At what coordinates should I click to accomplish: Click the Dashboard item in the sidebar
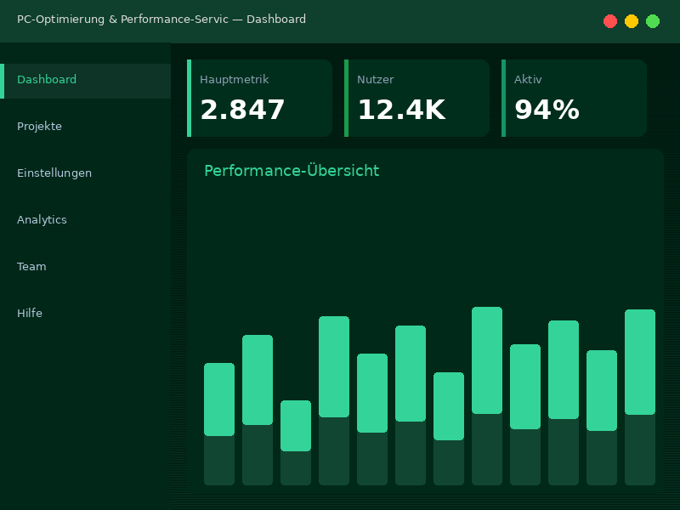(47, 80)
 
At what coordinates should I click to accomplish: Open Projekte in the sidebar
(39, 127)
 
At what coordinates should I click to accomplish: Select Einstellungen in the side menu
(54, 173)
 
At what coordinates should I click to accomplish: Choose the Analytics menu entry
(42, 220)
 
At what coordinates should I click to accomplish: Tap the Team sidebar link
(31, 267)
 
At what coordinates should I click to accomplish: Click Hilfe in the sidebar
(30, 314)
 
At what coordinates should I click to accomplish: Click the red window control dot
(610, 21)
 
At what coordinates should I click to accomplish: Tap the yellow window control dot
(632, 21)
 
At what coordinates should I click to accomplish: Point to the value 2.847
(242, 110)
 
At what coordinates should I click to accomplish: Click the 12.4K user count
(400, 110)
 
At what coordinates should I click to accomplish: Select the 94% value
(547, 110)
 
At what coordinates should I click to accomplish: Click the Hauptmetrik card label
(234, 80)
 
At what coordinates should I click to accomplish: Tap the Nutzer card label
(375, 80)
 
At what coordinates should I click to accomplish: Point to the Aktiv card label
(528, 80)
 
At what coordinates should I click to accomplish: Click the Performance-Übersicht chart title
(292, 171)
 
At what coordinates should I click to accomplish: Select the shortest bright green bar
(296, 425)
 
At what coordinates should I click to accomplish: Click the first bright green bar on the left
(219, 399)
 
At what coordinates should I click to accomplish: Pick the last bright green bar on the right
(640, 362)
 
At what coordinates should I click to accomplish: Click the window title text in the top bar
(161, 20)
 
